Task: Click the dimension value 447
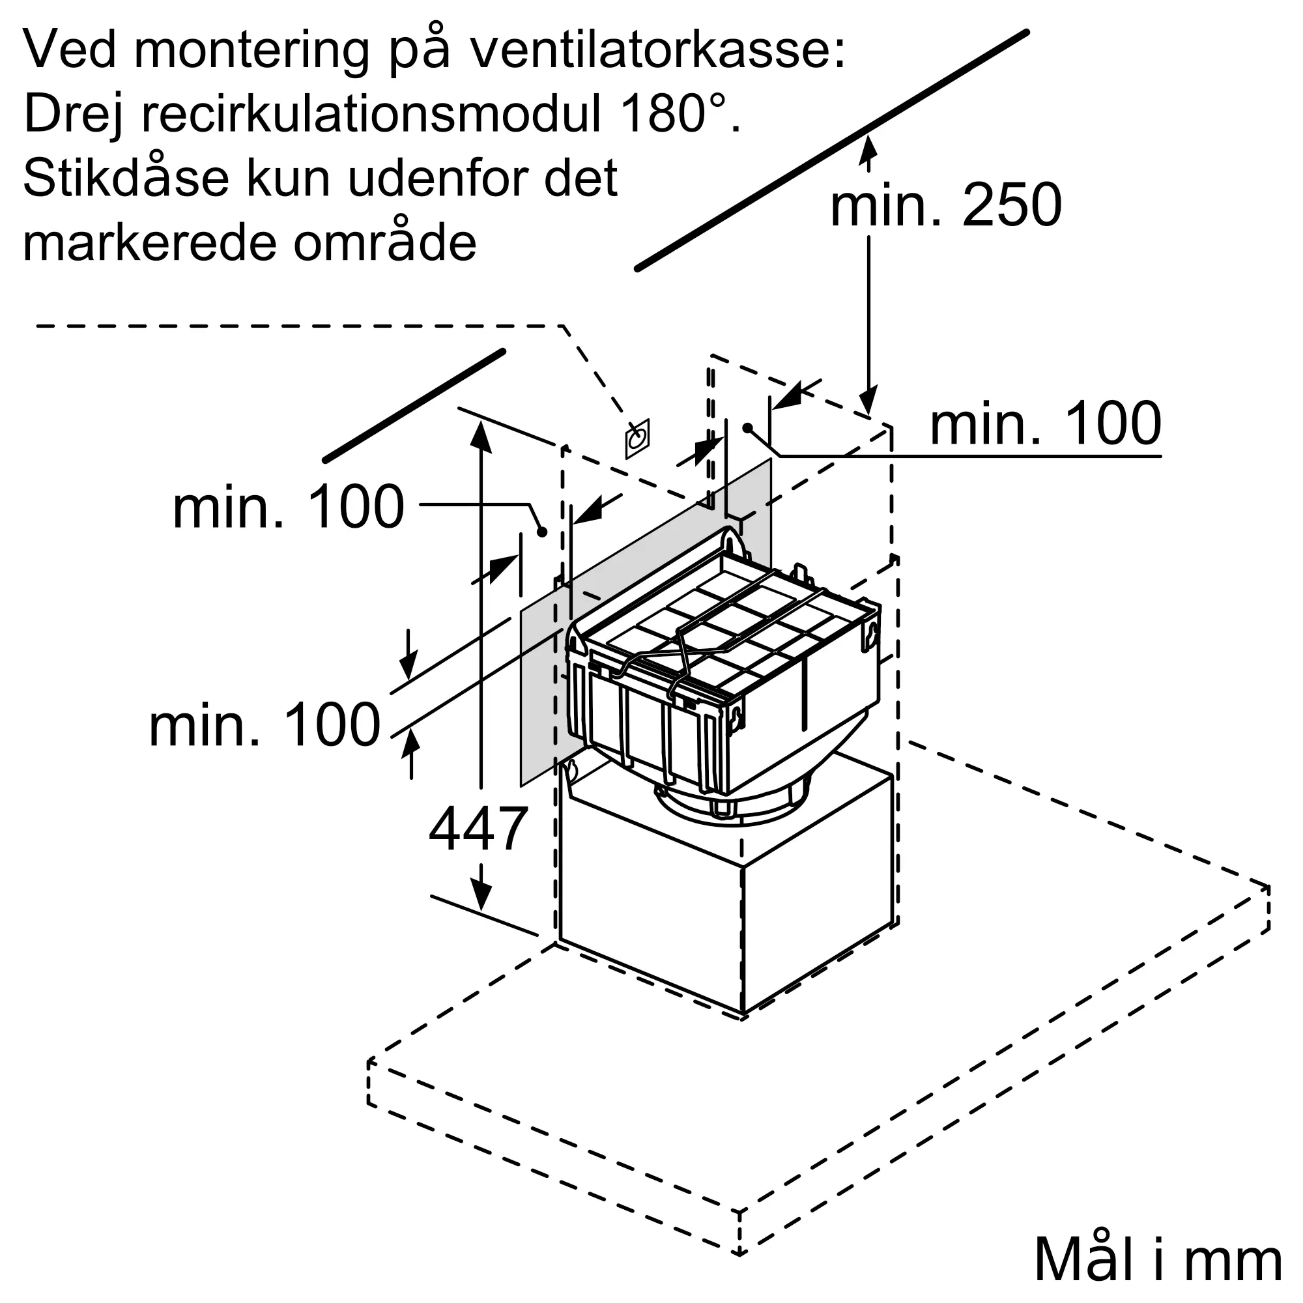coord(478,829)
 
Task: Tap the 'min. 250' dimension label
coord(945,205)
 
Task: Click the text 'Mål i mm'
coord(1157,1260)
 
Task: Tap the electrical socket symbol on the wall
coord(637,439)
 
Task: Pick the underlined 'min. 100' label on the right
coord(1045,424)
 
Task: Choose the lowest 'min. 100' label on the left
coord(265,726)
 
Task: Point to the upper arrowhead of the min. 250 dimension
coord(868,147)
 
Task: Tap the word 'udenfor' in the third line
coord(439,178)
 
